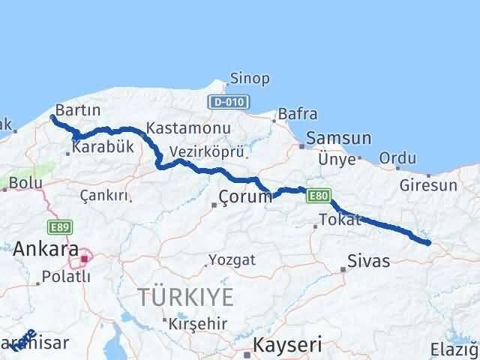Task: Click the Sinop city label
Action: pos(250,79)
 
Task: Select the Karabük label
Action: pos(103,148)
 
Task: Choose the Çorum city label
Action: pos(245,197)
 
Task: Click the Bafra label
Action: pos(297,115)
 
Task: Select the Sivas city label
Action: pos(369,262)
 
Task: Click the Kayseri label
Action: pos(288,345)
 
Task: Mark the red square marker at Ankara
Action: pos(85,259)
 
